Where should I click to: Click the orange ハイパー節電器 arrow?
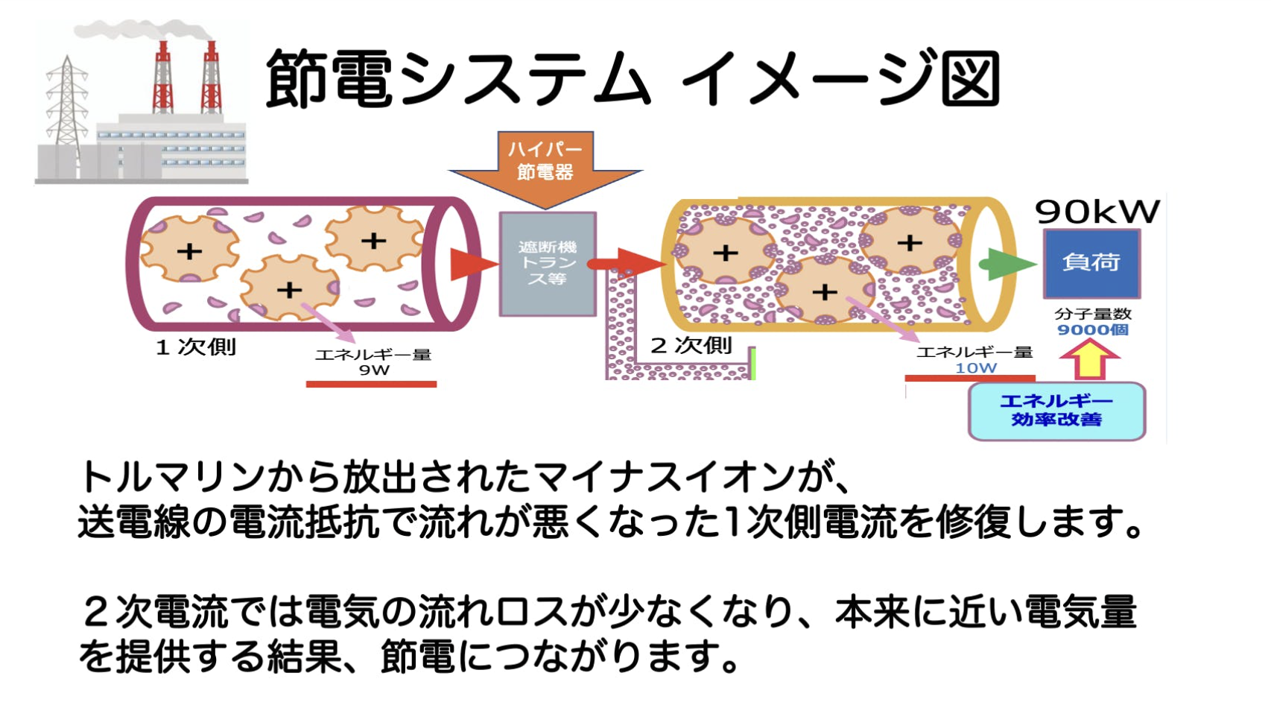point(545,165)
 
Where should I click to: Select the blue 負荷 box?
point(1091,263)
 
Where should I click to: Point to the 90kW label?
point(1097,212)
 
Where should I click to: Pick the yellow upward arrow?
point(1089,358)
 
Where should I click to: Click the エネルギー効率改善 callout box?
point(1056,411)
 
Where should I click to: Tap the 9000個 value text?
point(1092,329)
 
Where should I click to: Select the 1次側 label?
point(196,347)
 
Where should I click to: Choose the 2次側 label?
point(691,346)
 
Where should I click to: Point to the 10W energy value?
point(976,367)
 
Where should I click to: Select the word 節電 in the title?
point(329,78)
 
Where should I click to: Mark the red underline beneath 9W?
point(371,385)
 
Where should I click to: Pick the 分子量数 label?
point(1092,314)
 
